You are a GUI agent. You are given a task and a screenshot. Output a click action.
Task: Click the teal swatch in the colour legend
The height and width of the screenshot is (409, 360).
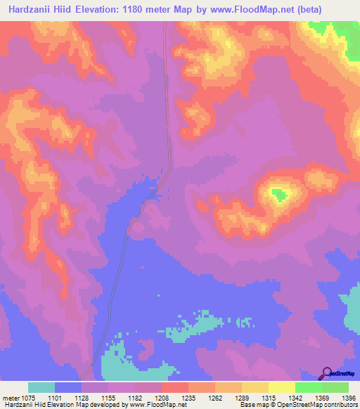41,387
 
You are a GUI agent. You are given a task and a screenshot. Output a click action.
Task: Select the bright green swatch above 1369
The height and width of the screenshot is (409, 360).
308,387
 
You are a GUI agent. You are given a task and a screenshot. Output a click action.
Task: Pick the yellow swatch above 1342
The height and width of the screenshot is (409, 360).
281,387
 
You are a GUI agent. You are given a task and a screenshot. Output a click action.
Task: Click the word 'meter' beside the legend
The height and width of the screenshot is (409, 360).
12,397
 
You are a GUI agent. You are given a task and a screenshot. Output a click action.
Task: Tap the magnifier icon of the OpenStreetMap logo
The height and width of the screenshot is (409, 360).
327,372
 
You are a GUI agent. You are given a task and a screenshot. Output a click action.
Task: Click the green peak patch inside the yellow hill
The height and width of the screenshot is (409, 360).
279,194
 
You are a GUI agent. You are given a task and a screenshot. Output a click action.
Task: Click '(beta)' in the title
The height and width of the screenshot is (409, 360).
343,9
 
